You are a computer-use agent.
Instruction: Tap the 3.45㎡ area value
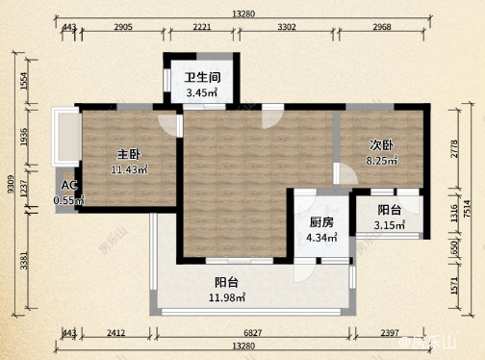[201, 93]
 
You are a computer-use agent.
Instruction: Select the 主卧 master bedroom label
[129, 154]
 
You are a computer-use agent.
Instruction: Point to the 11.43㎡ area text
[129, 169]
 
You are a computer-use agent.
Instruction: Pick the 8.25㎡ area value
[383, 162]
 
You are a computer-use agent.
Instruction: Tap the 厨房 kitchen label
[320, 221]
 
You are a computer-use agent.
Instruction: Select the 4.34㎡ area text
[320, 237]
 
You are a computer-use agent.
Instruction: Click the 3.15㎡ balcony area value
[390, 227]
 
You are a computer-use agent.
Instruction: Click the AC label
[67, 186]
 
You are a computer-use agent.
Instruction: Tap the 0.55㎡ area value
[68, 200]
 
